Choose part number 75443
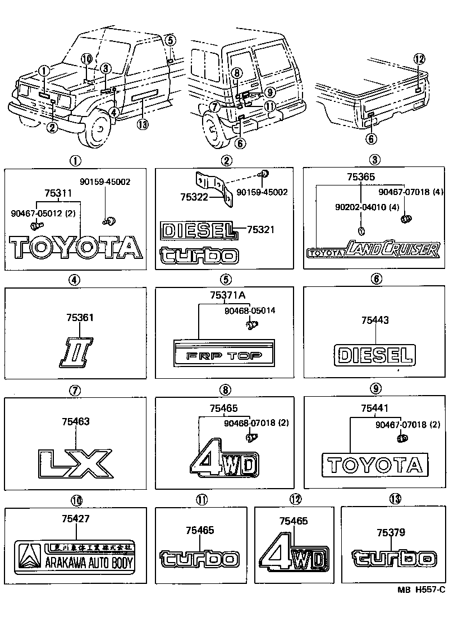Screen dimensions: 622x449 click(x=375, y=320)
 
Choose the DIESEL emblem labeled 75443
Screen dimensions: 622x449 click(x=375, y=355)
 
